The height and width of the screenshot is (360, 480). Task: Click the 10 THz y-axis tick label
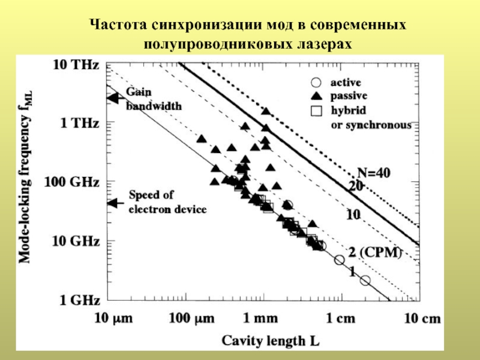coord(76,64)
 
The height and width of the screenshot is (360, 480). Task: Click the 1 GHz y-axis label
coord(79,299)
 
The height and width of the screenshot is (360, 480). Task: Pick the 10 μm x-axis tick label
coord(112,319)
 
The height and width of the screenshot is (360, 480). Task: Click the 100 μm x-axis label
coord(188,319)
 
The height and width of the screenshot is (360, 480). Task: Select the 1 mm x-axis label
coord(261,319)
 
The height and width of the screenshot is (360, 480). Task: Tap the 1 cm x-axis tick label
coord(339,319)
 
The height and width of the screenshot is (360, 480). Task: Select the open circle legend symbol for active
coord(317,83)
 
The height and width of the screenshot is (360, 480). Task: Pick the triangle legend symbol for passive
coord(317,96)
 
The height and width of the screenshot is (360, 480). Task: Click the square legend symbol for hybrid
coord(317,110)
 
